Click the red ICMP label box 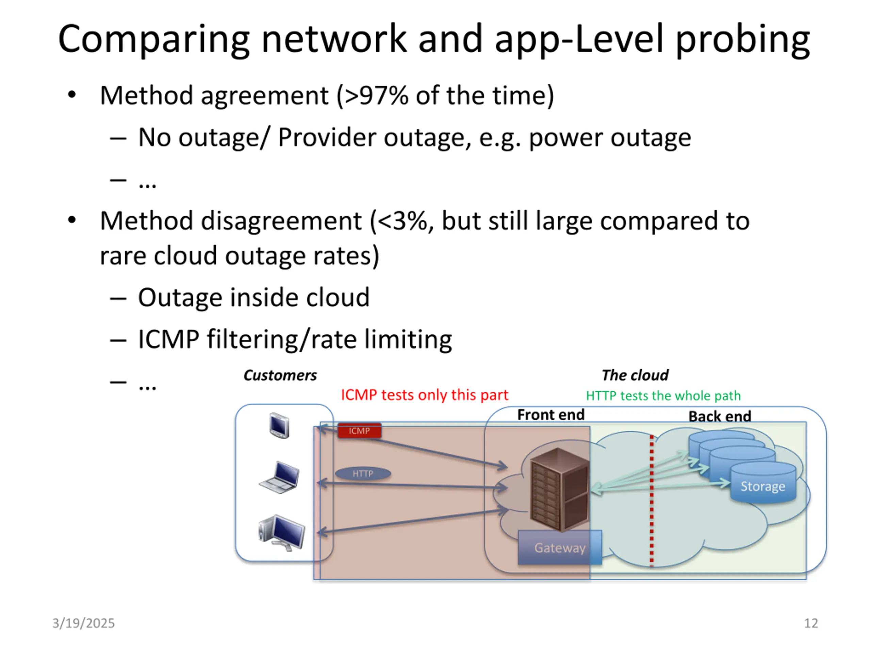(x=359, y=431)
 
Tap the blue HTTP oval (x=363, y=473)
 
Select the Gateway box (x=560, y=548)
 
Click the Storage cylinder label (x=763, y=486)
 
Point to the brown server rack (x=559, y=490)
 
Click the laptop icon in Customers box (x=280, y=478)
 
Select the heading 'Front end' (x=550, y=415)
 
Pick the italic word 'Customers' (x=280, y=375)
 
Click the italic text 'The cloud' (x=635, y=375)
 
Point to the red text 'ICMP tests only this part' (x=425, y=395)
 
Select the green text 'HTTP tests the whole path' (x=663, y=396)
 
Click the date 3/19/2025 (x=83, y=623)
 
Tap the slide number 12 (x=811, y=623)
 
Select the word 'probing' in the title (x=743, y=39)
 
